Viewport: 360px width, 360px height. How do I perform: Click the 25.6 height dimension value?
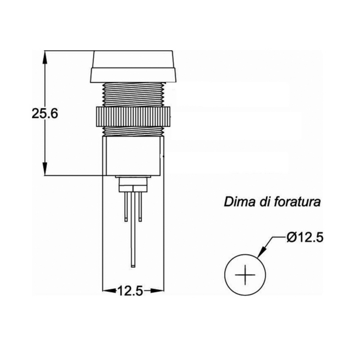[x=45, y=113]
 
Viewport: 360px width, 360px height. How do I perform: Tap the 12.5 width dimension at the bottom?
[x=130, y=291]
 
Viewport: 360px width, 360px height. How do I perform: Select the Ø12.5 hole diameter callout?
[x=305, y=238]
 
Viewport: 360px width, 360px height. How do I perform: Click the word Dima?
[x=240, y=202]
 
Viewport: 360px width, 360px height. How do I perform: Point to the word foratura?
[x=297, y=202]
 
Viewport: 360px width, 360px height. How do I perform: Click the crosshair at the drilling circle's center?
[x=245, y=274]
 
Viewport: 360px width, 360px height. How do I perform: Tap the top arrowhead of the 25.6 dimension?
[x=45, y=57]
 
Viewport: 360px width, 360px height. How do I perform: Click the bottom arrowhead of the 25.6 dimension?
[x=45, y=169]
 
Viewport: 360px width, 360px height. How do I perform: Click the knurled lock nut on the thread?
[x=133, y=117]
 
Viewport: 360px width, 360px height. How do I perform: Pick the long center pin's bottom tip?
[x=133, y=267]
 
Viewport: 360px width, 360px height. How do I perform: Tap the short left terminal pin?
[x=126, y=207]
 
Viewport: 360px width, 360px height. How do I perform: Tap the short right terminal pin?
[x=140, y=207]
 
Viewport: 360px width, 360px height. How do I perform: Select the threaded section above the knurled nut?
[x=134, y=94]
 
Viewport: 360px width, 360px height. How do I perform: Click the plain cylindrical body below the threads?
[x=133, y=156]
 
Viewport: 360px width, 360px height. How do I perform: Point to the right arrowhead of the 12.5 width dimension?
[x=157, y=291]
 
